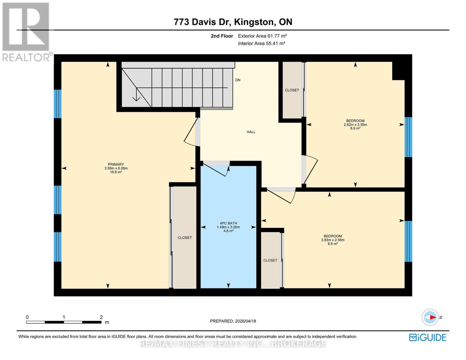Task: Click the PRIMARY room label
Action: (116, 164)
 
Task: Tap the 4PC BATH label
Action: (228, 223)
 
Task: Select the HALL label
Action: (251, 132)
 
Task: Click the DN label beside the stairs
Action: (238, 80)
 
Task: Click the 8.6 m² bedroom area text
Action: (355, 128)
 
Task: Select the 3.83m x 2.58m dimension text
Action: (332, 240)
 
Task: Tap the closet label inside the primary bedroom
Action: (185, 238)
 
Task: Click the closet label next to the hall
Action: (292, 90)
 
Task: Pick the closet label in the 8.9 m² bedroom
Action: (270, 260)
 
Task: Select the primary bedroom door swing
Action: (190, 132)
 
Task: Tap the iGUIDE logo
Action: (428, 337)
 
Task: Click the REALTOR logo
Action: (26, 31)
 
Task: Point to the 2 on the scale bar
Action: (101, 317)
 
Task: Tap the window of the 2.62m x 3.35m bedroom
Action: (408, 137)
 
